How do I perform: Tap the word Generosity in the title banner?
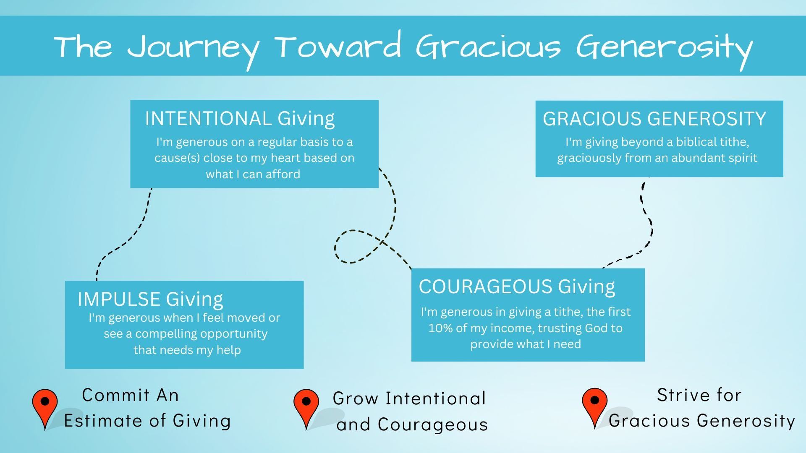(x=665, y=48)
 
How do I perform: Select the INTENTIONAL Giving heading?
(x=240, y=118)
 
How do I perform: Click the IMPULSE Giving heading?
(x=150, y=299)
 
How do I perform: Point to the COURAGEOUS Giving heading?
(x=517, y=287)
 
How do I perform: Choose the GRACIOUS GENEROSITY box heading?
(x=654, y=119)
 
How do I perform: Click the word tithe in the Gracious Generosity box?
(x=734, y=142)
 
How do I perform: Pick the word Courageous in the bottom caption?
(x=432, y=424)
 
